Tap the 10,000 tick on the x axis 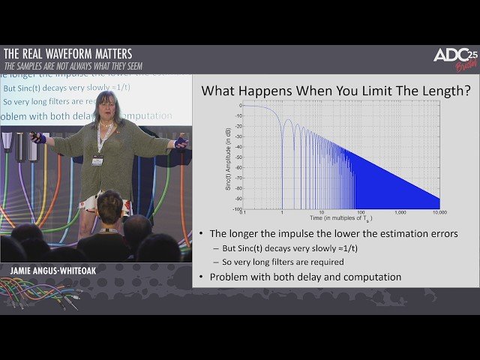[439, 213]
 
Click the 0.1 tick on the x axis [242, 213]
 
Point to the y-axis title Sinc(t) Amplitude [228, 157]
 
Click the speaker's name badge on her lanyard [97, 160]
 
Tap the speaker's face [104, 106]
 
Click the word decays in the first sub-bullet [278, 248]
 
